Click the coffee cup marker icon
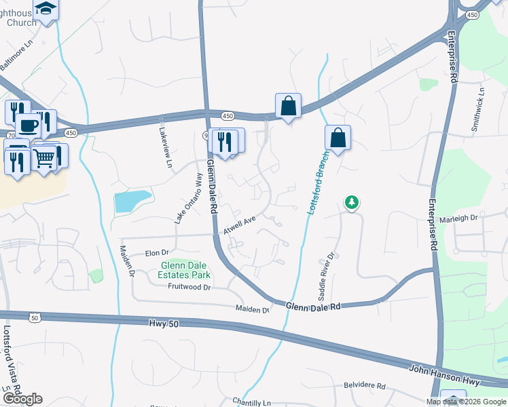point(28,125)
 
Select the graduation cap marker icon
point(46,8)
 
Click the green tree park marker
point(352,202)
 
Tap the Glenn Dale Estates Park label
point(185,270)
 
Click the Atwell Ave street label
point(240,225)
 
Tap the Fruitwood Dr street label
point(189,287)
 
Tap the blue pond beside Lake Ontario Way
point(132,201)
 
